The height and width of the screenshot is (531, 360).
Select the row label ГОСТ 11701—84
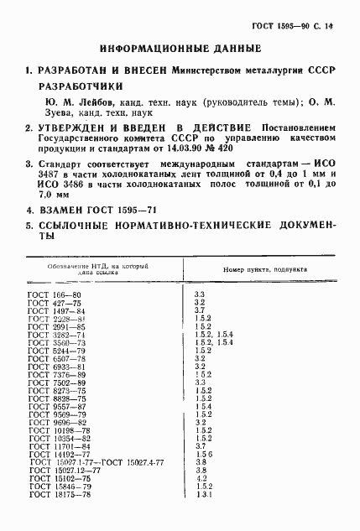pyautogui.click(x=56, y=445)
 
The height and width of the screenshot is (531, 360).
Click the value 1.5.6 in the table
pyautogui.click(x=204, y=454)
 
